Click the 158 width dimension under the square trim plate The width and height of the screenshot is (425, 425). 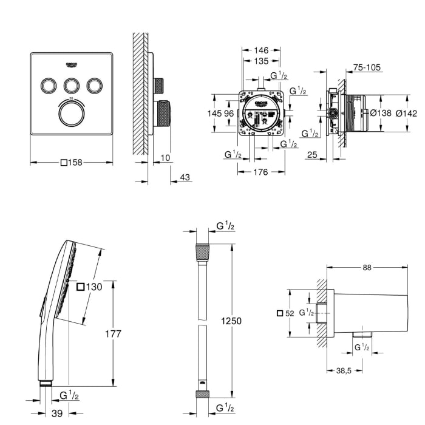72,162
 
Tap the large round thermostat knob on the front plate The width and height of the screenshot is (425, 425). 72,113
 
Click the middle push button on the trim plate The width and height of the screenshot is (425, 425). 72,86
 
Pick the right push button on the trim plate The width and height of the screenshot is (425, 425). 94,86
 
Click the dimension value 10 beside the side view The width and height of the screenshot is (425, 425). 166,158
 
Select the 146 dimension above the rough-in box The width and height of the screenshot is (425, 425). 261,51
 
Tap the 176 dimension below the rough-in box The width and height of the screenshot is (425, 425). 260,172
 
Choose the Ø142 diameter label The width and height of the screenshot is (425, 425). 406,112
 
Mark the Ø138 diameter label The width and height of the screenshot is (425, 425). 381,112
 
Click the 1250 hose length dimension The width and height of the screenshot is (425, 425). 231,321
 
